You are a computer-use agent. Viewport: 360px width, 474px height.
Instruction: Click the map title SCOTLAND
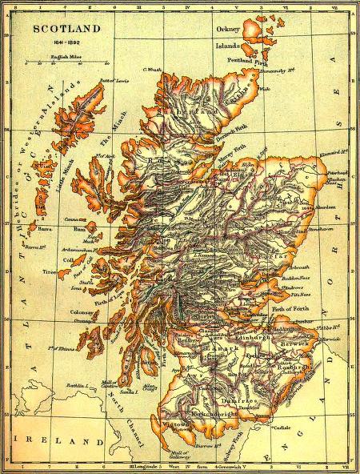(66, 28)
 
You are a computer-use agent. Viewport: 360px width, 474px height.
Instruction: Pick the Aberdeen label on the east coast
(315, 207)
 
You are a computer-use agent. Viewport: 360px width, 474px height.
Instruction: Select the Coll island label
(66, 259)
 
